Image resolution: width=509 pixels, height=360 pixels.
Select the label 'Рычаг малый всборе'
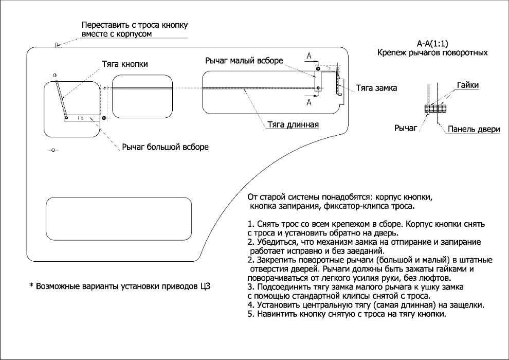click(244, 61)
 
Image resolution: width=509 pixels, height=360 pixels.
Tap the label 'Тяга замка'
click(376, 88)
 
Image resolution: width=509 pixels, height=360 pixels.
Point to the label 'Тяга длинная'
click(294, 124)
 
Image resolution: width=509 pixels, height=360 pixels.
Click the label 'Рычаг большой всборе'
click(165, 148)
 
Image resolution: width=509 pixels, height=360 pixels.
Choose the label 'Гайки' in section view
click(467, 85)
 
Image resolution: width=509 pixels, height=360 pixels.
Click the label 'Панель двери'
click(474, 130)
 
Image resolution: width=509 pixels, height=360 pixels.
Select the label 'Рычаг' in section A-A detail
click(406, 128)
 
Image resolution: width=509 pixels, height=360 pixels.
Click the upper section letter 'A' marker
click(309, 55)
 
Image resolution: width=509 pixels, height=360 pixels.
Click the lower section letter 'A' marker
click(309, 102)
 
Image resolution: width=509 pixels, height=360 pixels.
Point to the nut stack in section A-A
click(435, 109)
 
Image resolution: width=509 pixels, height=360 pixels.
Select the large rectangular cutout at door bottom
click(119, 221)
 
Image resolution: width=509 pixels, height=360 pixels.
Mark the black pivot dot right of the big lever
click(104, 118)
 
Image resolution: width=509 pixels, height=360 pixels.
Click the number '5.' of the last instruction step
click(251, 314)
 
